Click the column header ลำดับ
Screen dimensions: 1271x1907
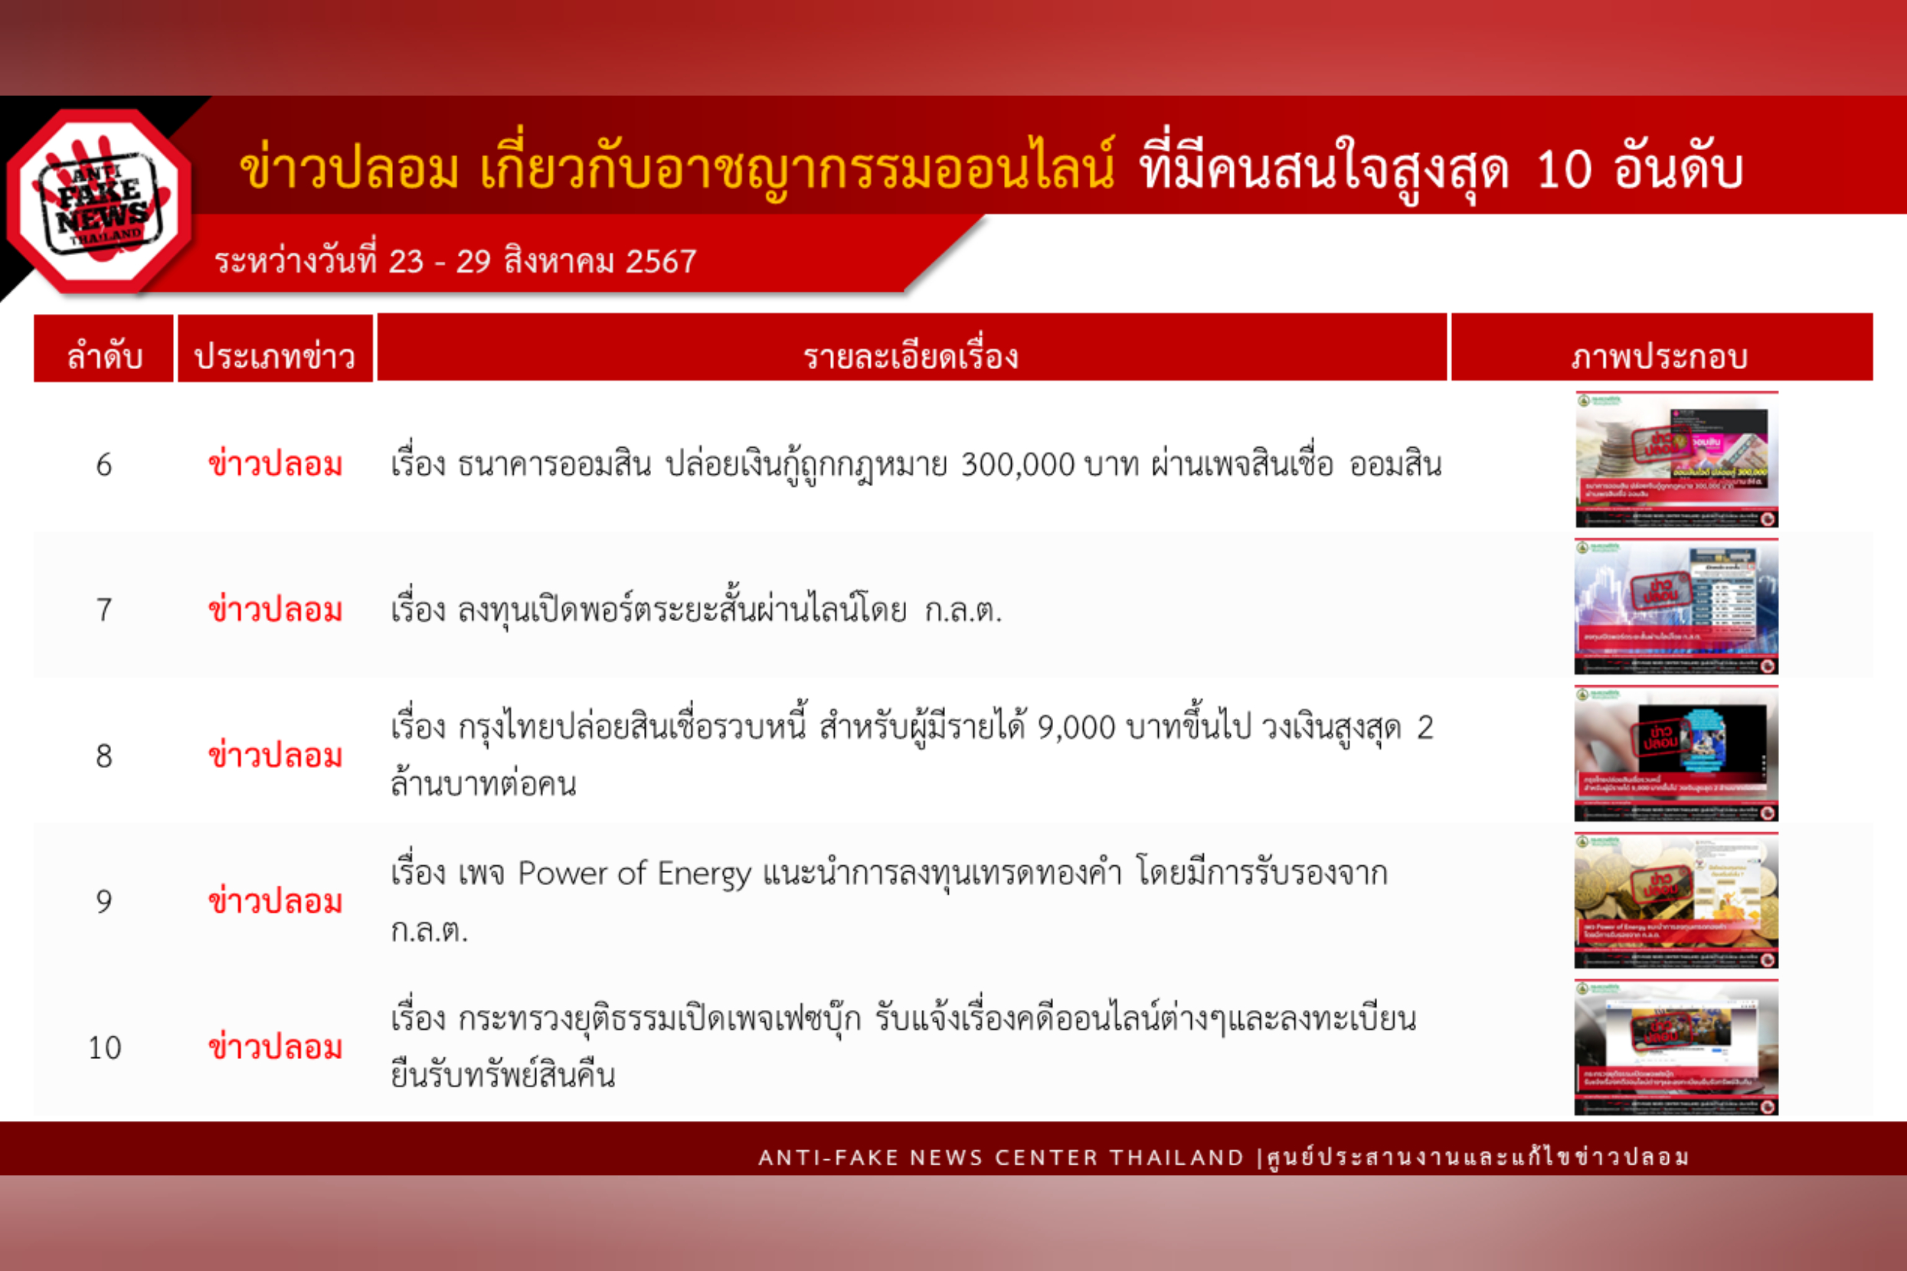pyautogui.click(x=104, y=356)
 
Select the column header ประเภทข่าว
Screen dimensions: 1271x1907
pyautogui.click(x=275, y=356)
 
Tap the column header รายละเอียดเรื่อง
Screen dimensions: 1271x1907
pyautogui.click(x=911, y=356)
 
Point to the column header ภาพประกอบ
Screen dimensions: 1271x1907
pyautogui.click(x=1660, y=356)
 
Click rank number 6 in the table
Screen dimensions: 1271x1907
pyautogui.click(x=104, y=465)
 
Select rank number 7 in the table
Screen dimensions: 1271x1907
pyautogui.click(x=104, y=609)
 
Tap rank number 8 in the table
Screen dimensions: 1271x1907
pyautogui.click(x=104, y=756)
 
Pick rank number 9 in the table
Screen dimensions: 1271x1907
pyautogui.click(x=104, y=901)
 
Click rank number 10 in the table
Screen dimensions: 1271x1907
pyautogui.click(x=104, y=1047)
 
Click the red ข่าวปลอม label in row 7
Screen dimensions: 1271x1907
pyautogui.click(x=275, y=609)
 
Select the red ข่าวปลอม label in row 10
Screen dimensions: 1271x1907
pyautogui.click(x=275, y=1047)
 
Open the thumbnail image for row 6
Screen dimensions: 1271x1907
pyautogui.click(x=1676, y=459)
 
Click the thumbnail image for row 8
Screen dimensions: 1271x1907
pyautogui.click(x=1676, y=754)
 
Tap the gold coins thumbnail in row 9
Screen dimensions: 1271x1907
pyautogui.click(x=1676, y=900)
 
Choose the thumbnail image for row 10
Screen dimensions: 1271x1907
pyautogui.click(x=1676, y=1047)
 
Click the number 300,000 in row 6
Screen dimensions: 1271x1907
pyautogui.click(x=1017, y=466)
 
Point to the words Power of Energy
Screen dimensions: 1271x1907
pyautogui.click(x=634, y=874)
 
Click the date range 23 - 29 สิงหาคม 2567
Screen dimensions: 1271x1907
pyautogui.click(x=541, y=261)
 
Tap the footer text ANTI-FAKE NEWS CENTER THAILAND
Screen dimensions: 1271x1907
pyautogui.click(x=1000, y=1157)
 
